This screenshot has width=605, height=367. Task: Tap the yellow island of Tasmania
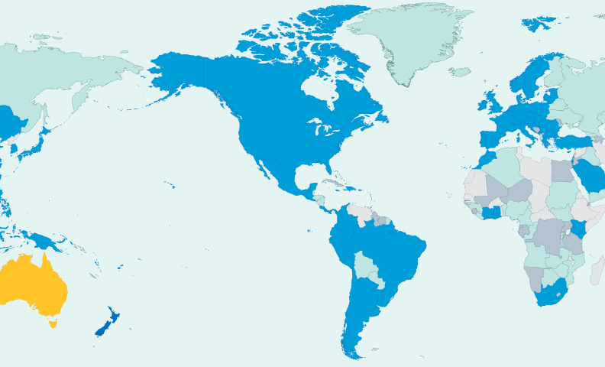tap(53, 323)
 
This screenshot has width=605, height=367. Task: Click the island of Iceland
tap(460, 72)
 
